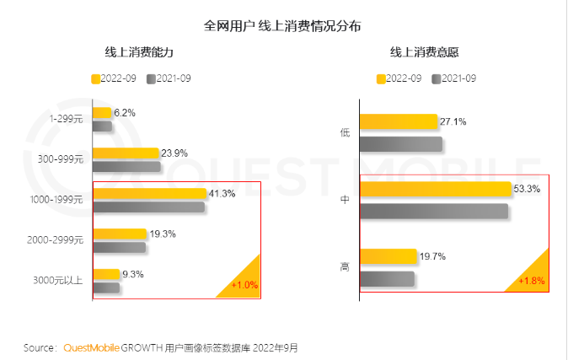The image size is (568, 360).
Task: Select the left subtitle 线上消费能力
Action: (x=138, y=52)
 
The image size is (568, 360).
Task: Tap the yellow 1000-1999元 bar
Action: (x=149, y=193)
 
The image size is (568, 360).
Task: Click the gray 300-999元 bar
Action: (x=126, y=166)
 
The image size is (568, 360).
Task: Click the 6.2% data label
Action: (x=125, y=112)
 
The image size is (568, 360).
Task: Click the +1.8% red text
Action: (x=532, y=280)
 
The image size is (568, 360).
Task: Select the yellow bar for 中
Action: (x=435, y=189)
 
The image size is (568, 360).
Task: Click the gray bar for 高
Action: (x=387, y=278)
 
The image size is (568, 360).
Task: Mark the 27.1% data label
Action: (x=453, y=121)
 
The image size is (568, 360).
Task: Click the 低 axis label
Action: (x=345, y=132)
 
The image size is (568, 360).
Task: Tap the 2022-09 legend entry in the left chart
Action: (x=115, y=78)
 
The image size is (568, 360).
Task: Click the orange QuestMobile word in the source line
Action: (x=91, y=347)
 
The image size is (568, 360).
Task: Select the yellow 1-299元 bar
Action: (x=102, y=112)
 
